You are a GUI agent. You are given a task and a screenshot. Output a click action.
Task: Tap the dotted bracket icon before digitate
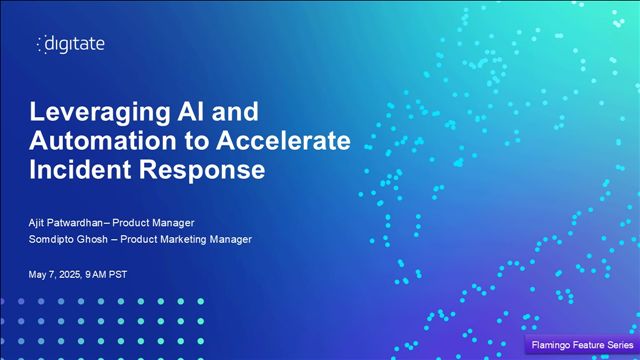[x=40, y=43]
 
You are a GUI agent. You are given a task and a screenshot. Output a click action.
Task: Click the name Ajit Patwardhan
[x=77, y=221]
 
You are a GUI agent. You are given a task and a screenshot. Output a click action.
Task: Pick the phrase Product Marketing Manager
[x=196, y=239]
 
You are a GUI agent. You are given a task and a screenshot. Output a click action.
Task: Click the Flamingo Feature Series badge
[x=580, y=345]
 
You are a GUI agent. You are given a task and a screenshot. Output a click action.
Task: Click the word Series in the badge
[x=616, y=345]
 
